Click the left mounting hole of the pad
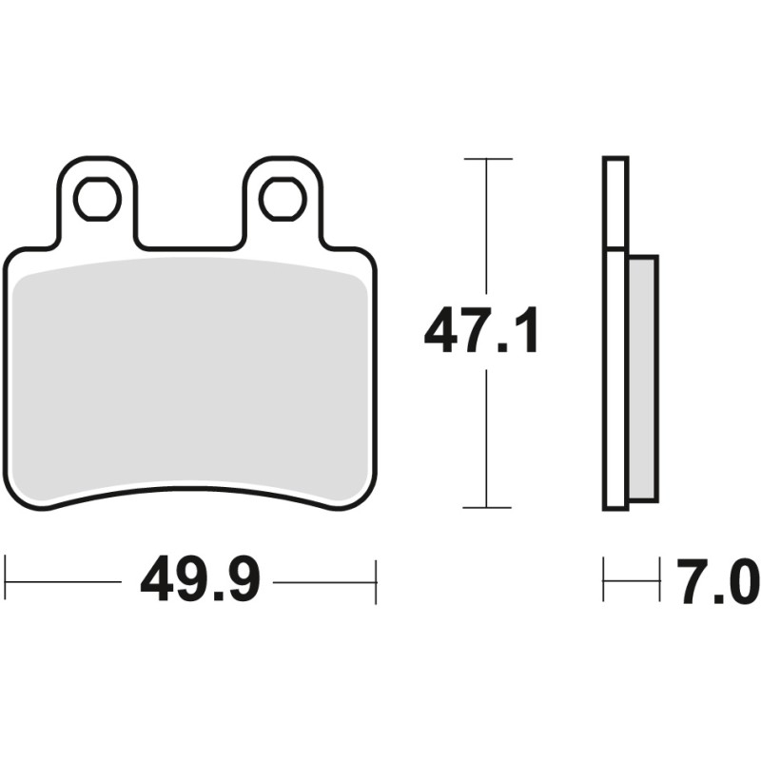(97, 199)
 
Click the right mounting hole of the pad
(282, 199)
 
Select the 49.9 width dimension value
(200, 580)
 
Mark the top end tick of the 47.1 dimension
(487, 158)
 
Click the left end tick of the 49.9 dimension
(7, 580)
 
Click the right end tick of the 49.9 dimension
(377, 580)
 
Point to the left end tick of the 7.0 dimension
(604, 580)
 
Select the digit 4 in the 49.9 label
(158, 580)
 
